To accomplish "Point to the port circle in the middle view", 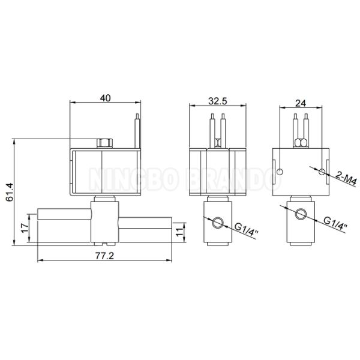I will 217,223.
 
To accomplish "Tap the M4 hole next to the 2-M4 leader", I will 322,173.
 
